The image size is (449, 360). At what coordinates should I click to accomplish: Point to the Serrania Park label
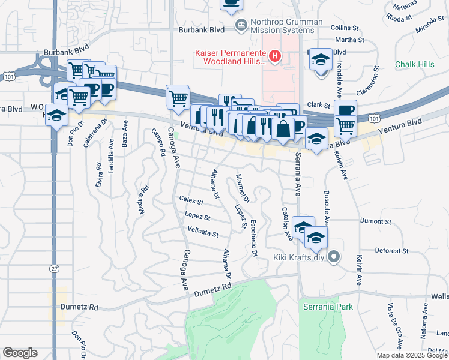pyautogui.click(x=327, y=307)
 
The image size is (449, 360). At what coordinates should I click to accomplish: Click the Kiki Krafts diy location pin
pyautogui.click(x=335, y=257)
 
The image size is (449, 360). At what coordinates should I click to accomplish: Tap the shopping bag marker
pyautogui.click(x=283, y=128)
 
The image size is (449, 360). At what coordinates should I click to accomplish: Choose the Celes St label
pyautogui.click(x=191, y=200)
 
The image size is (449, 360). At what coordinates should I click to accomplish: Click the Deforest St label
pyautogui.click(x=391, y=250)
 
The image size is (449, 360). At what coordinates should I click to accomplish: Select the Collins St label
pyautogui.click(x=344, y=28)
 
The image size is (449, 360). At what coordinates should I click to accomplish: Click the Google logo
pyautogui.click(x=20, y=353)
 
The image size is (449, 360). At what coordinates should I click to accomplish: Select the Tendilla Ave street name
pyautogui.click(x=112, y=156)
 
